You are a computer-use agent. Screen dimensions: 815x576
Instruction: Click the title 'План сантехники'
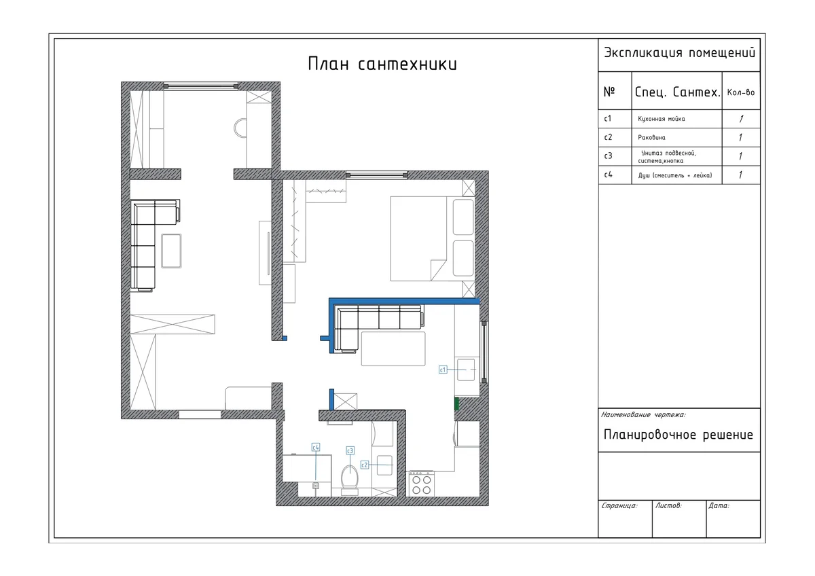click(382, 64)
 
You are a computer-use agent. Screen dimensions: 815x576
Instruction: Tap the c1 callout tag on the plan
click(443, 370)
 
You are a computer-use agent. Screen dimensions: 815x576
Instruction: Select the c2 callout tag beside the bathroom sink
click(365, 465)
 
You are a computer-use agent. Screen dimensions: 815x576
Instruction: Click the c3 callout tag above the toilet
click(350, 451)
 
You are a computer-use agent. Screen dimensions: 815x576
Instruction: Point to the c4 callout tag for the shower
click(316, 447)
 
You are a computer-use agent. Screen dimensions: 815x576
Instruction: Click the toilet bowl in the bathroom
click(350, 477)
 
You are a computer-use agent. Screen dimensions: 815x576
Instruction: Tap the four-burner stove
click(421, 484)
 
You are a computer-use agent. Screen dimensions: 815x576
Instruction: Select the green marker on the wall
click(456, 404)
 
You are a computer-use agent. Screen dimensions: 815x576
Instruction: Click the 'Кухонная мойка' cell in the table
click(662, 119)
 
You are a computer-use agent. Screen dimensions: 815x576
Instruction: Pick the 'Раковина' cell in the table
click(651, 137)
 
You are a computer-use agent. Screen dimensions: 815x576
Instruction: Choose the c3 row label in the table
click(608, 156)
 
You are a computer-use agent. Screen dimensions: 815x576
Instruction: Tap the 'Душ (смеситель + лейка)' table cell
click(675, 175)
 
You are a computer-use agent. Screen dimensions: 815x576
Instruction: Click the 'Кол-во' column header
click(741, 92)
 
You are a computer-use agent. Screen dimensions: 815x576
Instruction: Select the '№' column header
click(609, 91)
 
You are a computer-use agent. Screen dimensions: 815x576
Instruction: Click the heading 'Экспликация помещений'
click(679, 53)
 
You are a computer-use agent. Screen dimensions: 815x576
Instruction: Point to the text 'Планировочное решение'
click(678, 435)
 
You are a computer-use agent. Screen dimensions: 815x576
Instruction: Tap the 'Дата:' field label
click(719, 506)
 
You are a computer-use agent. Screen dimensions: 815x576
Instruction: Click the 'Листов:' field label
click(668, 506)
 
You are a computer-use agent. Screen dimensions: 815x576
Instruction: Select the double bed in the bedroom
click(433, 238)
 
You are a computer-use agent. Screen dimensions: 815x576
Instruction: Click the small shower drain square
click(315, 486)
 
